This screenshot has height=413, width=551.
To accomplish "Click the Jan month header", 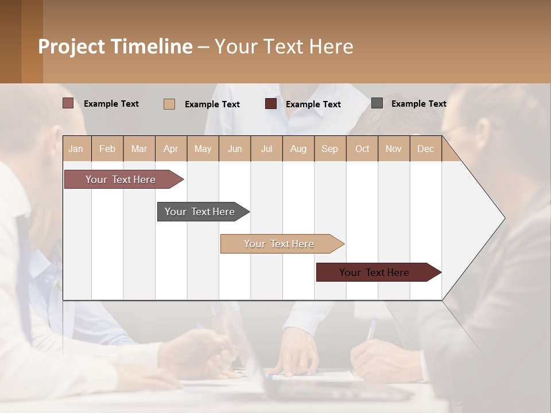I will (x=76, y=149).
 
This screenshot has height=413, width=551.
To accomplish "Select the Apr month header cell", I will (x=171, y=149).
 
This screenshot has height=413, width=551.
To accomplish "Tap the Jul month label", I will (x=266, y=149).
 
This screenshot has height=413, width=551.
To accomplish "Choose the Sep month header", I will (x=330, y=149).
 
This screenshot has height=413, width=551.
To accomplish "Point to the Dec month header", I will (x=425, y=149).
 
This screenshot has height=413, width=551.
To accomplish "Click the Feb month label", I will (x=107, y=149).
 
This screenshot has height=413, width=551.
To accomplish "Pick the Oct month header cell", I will (x=362, y=149).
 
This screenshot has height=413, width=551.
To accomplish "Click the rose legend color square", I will (x=68, y=103).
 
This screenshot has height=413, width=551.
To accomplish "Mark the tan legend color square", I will (x=169, y=104).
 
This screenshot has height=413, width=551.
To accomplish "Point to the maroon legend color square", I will (x=271, y=104).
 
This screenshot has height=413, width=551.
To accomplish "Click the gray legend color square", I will (x=377, y=103).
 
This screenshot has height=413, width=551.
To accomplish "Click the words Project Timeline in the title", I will (x=115, y=46).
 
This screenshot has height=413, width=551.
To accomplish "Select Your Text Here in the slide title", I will (x=284, y=46).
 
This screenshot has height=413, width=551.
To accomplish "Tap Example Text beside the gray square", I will (x=418, y=104).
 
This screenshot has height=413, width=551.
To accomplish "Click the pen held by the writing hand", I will (x=372, y=329).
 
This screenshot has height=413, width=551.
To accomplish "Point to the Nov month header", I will (x=394, y=149).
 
